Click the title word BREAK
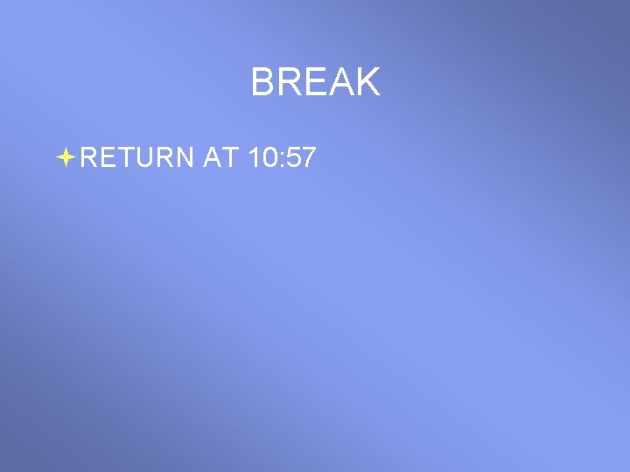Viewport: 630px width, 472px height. click(x=315, y=83)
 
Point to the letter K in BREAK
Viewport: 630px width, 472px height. click(x=368, y=83)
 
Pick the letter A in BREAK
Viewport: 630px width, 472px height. click(x=341, y=83)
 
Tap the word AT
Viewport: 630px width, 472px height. click(x=220, y=157)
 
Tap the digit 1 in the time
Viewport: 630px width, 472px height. click(x=254, y=157)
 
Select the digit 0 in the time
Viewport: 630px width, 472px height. click(x=269, y=157)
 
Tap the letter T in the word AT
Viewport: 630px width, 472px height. click(x=230, y=157)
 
